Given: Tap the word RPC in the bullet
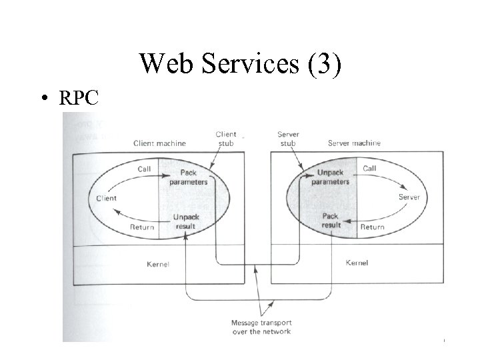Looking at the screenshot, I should pos(79,98).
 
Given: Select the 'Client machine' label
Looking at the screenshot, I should pos(159,143).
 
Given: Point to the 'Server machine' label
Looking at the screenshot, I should pos(354,143).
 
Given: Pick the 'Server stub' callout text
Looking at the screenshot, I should pos(288,138).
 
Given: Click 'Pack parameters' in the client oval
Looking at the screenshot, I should pos(187,177).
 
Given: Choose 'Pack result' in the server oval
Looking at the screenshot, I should pos(331,221).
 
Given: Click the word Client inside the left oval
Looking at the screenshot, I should pos(107,198).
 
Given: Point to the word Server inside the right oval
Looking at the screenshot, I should pos(409,197).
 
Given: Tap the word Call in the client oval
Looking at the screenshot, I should pos(145,169).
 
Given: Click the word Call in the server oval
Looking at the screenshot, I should pos(369,168).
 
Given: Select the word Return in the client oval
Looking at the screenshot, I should pos(141,227).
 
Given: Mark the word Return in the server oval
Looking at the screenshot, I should pos(372,227).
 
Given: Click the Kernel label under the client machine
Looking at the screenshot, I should pos(157,265).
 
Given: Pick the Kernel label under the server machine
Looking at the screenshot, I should pos(357,263).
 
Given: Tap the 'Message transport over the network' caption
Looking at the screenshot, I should pos(261,327).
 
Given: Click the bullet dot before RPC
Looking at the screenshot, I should pos(43,99).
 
